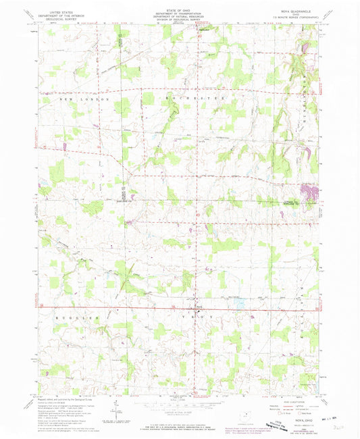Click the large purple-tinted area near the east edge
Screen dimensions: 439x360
point(311,195)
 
